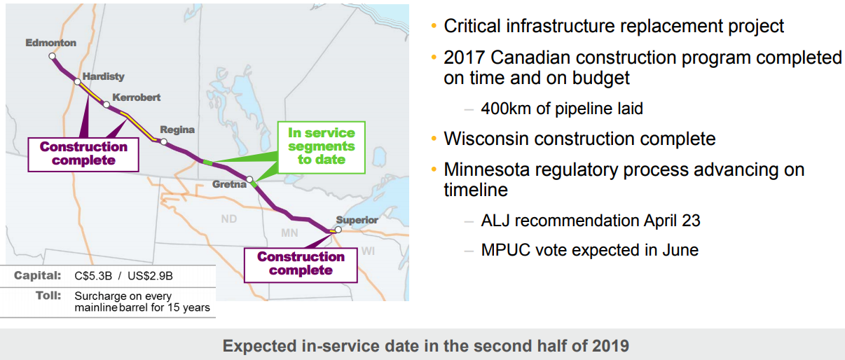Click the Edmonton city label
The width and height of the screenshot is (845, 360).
[51, 43]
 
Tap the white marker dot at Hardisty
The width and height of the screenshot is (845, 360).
[77, 82]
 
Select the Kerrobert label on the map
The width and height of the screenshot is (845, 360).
[136, 97]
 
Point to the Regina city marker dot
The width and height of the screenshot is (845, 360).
[164, 141]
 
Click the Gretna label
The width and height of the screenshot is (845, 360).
[229, 184]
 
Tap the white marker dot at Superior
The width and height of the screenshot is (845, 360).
[338, 230]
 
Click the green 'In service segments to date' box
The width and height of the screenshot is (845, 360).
[322, 147]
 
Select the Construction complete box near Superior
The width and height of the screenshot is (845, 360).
[301, 265]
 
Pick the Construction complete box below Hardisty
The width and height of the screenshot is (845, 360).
[83, 155]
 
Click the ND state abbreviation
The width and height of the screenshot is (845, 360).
[229, 219]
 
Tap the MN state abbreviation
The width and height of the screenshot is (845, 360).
[289, 233]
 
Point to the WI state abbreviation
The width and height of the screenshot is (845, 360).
[368, 251]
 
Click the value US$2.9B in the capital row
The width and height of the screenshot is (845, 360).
[150, 277]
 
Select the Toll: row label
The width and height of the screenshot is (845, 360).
[48, 296]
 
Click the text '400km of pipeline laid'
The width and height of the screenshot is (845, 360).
[562, 109]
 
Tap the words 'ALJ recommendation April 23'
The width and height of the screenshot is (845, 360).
[591, 221]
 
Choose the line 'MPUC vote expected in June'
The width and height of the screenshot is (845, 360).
[590, 250]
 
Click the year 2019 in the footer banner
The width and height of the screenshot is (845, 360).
[610, 346]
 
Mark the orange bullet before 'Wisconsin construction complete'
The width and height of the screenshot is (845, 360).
[434, 139]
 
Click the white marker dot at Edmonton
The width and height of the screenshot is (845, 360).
[52, 56]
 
